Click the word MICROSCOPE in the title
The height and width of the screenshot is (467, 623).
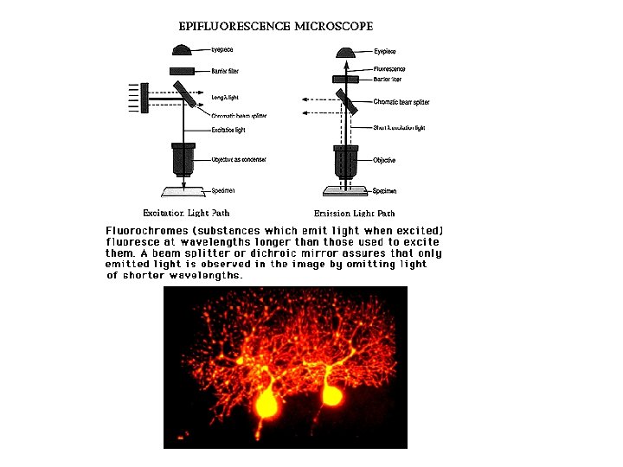(x=333, y=26)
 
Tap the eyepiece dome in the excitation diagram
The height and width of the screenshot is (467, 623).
(x=183, y=50)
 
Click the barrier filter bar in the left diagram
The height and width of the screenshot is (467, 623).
(x=183, y=69)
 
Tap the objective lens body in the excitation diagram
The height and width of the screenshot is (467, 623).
(x=183, y=160)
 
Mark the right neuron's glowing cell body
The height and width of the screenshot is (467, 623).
(x=331, y=395)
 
